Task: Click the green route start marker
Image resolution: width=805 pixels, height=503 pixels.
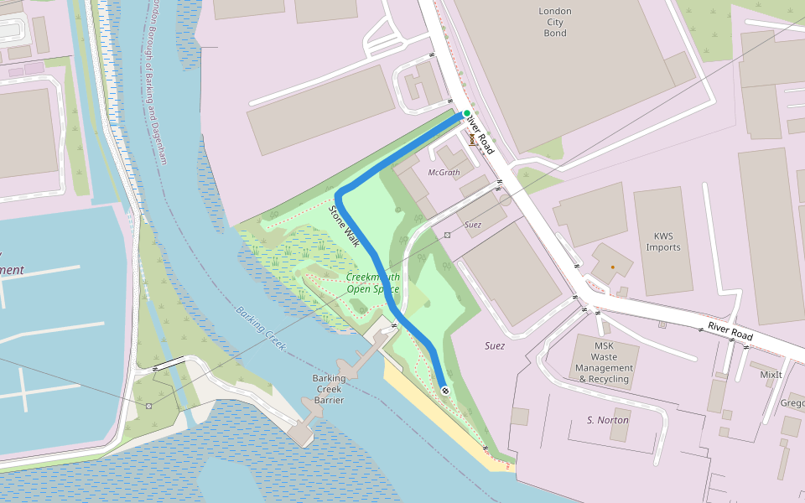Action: [466, 113]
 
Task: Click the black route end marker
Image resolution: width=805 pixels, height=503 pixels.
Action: [444, 390]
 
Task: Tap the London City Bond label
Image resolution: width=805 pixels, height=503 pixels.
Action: [554, 22]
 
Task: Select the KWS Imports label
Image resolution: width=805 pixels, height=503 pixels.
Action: [663, 241]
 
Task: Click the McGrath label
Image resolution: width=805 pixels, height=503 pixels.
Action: [444, 173]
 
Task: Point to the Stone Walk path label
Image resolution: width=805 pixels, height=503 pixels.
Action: [345, 227]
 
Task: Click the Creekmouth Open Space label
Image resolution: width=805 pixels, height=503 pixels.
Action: [373, 283]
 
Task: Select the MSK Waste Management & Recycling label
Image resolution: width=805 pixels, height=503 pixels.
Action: [605, 362]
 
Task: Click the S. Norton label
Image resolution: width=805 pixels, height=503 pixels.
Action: [608, 420]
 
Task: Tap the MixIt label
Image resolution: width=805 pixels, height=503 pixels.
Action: [770, 375]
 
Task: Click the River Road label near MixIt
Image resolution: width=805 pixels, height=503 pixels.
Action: [730, 330]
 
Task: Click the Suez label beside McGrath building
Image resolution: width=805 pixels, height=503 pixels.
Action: [472, 225]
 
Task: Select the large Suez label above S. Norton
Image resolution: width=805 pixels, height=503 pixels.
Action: [495, 345]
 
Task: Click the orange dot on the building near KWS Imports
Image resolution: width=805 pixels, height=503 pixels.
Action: [612, 267]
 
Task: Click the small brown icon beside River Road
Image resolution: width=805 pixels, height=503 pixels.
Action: [472, 139]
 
